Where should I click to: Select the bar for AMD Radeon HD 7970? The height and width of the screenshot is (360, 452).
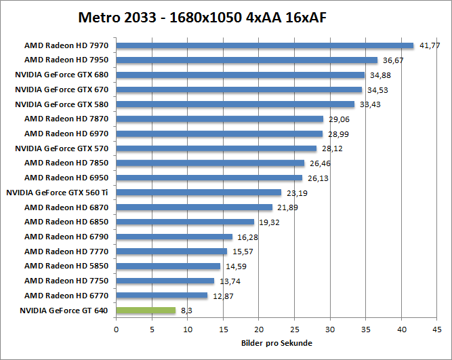tap(264, 46)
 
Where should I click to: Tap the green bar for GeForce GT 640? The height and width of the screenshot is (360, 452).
tap(146, 311)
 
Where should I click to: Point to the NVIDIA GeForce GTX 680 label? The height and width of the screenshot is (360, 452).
tap(62, 75)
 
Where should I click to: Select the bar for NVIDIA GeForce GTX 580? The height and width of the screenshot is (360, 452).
tap(235, 104)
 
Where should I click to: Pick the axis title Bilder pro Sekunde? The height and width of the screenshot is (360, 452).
tap(276, 343)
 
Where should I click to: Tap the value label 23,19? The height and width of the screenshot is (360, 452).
tap(297, 193)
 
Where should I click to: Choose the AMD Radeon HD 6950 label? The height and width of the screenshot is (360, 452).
tap(66, 178)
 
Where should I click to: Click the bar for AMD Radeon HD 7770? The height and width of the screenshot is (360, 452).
tap(171, 252)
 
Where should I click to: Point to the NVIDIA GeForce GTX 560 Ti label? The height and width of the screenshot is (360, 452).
tap(58, 193)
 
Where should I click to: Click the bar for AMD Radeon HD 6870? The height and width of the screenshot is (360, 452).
tap(194, 207)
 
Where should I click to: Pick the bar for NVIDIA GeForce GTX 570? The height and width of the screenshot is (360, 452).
tap(216, 148)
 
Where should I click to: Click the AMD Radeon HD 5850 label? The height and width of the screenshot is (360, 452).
tap(66, 266)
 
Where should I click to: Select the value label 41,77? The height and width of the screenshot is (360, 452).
tap(430, 45)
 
